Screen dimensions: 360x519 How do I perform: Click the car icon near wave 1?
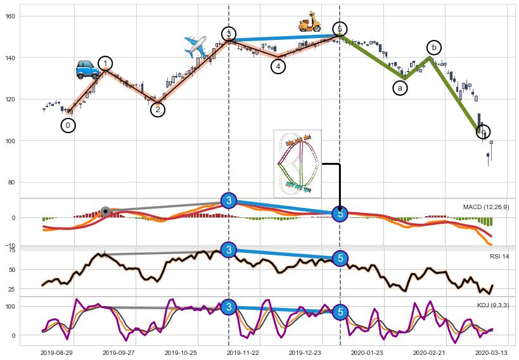click(x=87, y=69)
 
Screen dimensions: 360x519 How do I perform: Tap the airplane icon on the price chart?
click(x=195, y=46)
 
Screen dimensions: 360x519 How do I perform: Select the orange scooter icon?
click(x=310, y=22)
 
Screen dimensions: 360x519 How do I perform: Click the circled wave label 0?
click(x=68, y=125)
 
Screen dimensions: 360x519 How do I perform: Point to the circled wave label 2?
click(x=158, y=110)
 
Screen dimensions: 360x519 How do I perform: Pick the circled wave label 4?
click(x=278, y=66)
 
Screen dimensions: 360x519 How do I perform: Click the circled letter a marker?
click(x=400, y=88)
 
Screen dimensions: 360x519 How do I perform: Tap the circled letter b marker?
click(x=434, y=48)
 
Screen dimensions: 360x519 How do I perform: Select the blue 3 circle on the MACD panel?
click(x=229, y=200)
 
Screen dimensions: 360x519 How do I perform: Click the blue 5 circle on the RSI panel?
click(x=340, y=258)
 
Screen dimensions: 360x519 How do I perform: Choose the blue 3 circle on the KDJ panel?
click(x=229, y=308)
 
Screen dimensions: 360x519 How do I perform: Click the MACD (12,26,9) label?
click(x=486, y=207)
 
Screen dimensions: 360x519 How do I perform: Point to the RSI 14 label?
click(x=499, y=257)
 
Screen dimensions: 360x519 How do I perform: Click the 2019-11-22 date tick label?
click(x=243, y=352)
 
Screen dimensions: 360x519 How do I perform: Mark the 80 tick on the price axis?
click(x=11, y=183)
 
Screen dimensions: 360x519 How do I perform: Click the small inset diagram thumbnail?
click(x=297, y=164)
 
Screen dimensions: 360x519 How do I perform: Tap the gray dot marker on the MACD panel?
click(x=105, y=211)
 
